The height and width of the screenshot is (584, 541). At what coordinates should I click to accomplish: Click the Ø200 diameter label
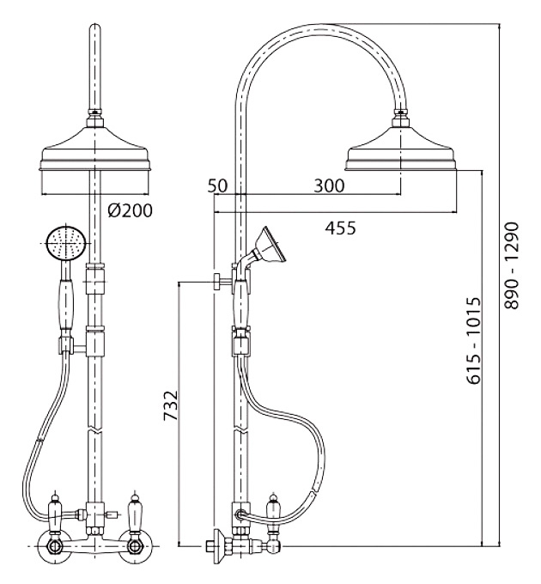[x=130, y=210]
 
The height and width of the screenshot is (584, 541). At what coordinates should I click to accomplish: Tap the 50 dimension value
[x=217, y=186]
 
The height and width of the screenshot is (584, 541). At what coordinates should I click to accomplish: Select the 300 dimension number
[x=329, y=186]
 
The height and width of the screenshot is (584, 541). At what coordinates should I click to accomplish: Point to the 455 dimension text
[x=340, y=228]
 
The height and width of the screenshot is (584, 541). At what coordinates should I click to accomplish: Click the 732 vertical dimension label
[x=171, y=405]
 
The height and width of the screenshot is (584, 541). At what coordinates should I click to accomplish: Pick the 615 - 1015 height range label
[x=474, y=340]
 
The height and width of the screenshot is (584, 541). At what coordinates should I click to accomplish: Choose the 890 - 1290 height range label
[x=512, y=265]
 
